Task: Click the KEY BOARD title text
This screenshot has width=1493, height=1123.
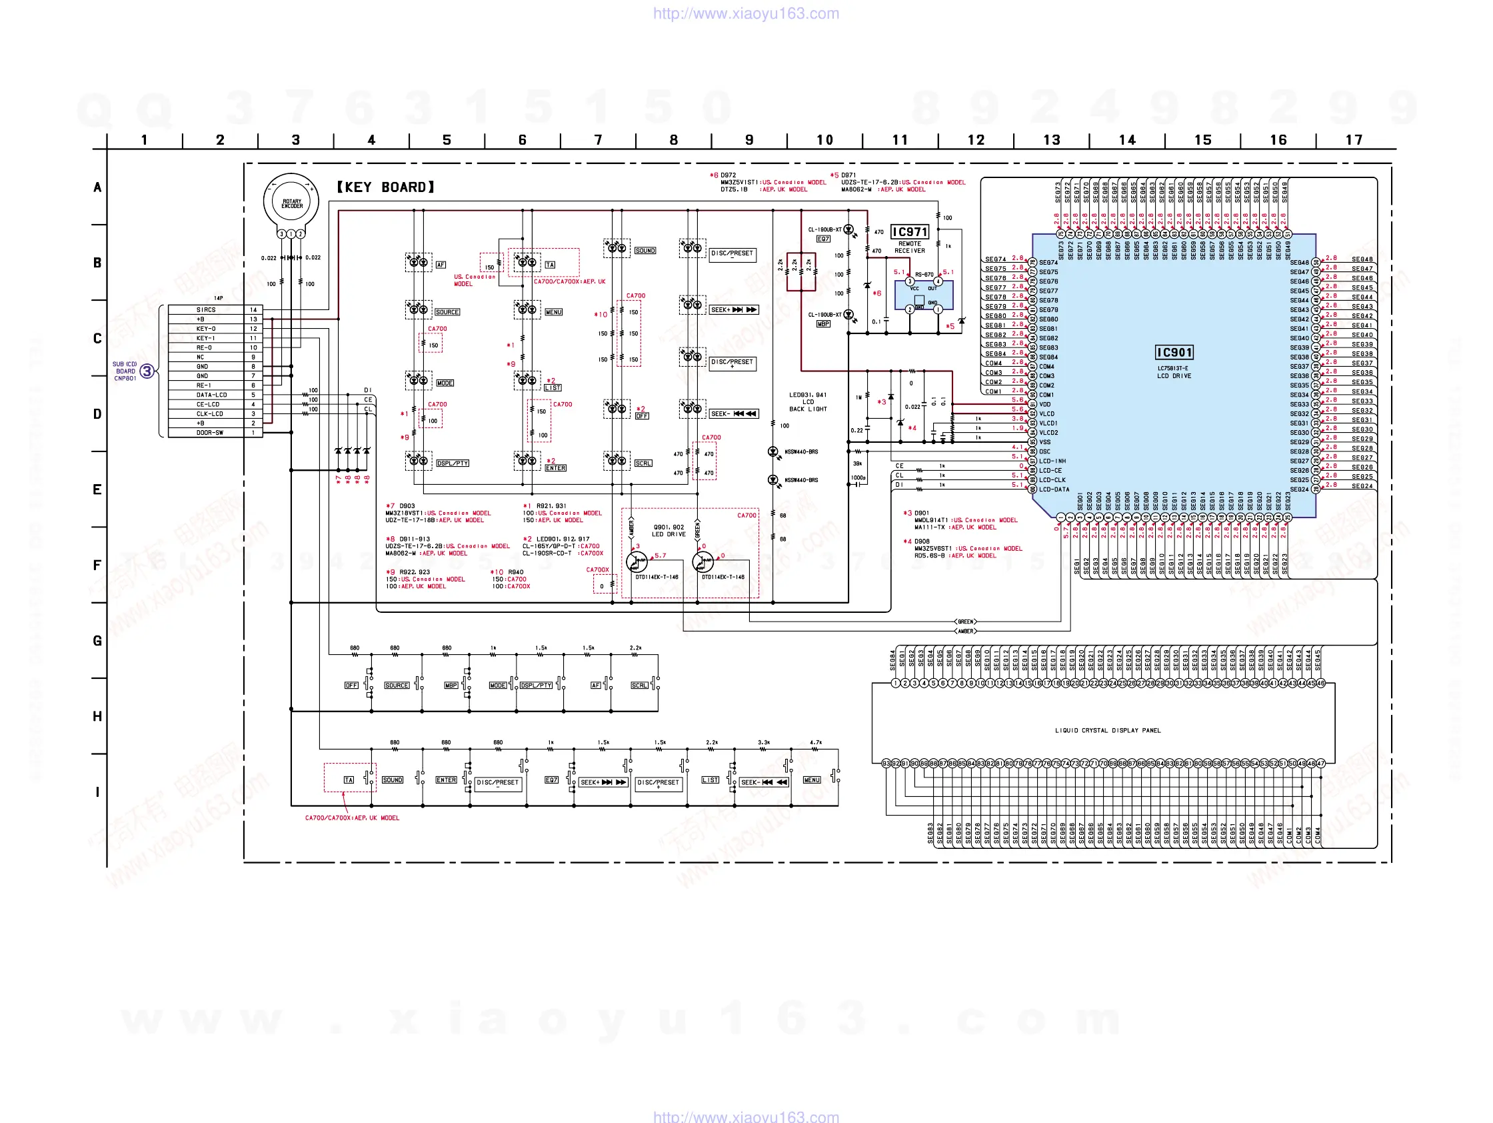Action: coord(386,187)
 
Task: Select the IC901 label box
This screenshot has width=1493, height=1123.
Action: coord(1174,353)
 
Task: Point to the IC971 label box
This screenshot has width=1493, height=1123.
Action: coord(910,232)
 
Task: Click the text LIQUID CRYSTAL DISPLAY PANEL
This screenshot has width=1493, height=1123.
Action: coord(1108,730)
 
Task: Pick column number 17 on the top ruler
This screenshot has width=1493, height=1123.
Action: coord(1353,140)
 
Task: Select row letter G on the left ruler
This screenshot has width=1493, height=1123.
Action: coord(97,640)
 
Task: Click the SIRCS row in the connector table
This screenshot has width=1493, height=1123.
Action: coord(206,310)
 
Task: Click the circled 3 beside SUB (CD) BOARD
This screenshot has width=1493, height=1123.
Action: coord(147,371)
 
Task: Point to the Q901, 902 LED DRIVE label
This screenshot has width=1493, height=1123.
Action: coord(669,531)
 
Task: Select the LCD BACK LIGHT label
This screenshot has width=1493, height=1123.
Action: coord(807,402)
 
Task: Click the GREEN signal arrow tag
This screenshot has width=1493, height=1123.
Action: coord(965,622)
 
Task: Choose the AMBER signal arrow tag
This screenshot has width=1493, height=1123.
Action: coord(965,631)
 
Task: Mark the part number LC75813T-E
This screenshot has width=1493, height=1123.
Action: coord(1173,369)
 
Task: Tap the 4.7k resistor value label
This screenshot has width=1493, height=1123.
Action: coord(815,742)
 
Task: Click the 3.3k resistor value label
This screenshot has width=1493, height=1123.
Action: coord(763,742)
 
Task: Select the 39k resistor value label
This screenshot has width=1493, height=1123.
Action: coord(857,464)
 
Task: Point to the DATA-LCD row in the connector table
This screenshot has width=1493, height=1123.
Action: coord(211,395)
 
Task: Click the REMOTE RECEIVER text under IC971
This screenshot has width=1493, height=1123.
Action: coord(909,247)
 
